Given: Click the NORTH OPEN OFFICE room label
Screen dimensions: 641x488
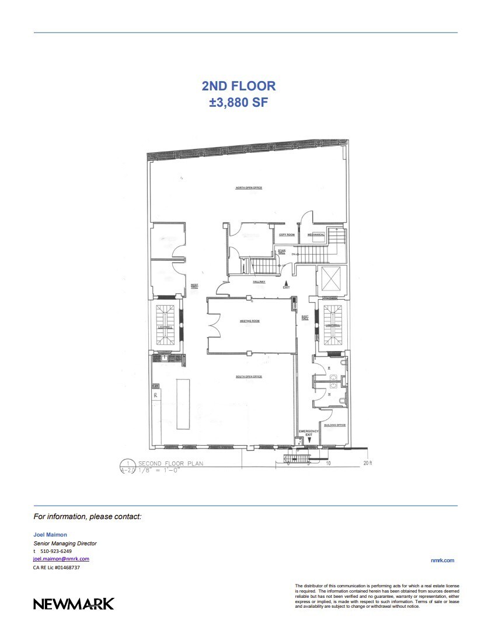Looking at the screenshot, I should coord(248,188).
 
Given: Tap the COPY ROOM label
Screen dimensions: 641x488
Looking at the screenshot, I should coord(287,234).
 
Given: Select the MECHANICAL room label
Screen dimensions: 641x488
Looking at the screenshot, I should coord(316,234).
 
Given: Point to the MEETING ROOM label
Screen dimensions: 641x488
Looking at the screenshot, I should coord(249,321).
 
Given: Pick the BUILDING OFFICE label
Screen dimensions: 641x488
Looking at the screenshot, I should coord(334,425).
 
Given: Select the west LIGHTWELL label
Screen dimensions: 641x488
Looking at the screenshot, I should coord(166,327).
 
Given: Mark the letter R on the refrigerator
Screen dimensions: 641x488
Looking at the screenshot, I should coord(156,395).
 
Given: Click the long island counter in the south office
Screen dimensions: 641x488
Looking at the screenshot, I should coord(183,404).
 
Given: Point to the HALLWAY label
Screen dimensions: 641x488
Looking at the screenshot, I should coord(259,282).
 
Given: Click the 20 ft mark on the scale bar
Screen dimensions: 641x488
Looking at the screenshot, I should coord(367,463).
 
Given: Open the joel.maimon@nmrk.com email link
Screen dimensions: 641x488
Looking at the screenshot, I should coord(61,559).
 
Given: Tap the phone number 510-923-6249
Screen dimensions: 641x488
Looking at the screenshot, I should coord(57,551).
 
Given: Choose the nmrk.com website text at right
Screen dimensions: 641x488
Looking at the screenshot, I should coord(442,561).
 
